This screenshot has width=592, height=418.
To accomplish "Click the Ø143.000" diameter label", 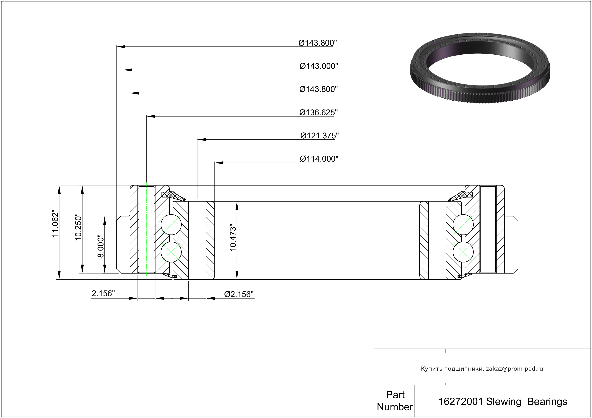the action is pos(319,66).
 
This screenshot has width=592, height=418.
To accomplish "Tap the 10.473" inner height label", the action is pos(233,237).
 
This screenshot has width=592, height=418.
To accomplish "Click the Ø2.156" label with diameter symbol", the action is pos(239,294).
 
